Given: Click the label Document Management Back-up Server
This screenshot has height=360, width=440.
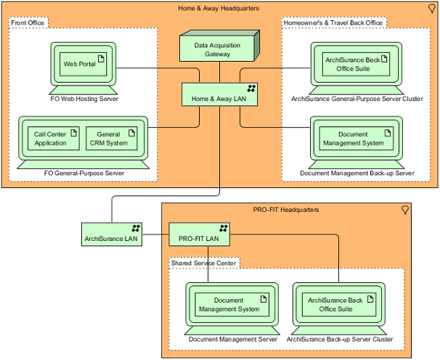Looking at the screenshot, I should coord(357,173).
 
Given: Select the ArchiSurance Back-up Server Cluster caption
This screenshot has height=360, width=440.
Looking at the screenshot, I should coord(340,339).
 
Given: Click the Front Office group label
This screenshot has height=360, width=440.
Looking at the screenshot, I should coord(28,23).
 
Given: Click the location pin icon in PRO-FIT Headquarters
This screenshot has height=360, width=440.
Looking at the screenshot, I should coord(405,210).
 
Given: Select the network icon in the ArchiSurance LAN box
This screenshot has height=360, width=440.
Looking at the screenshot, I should coord(136,228).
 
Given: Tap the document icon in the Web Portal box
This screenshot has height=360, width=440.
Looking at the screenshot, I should coord(102,59).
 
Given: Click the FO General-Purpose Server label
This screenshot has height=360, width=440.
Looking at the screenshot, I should coord(84,173).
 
